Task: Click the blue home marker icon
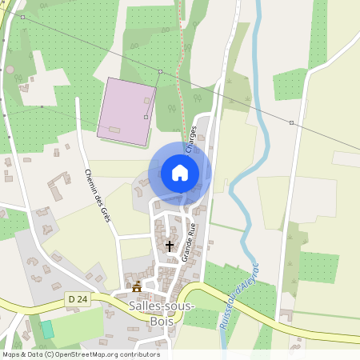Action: coord(180,173)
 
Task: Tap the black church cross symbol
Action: coord(169,246)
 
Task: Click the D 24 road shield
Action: coord(76,298)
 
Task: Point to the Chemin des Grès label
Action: coord(97,195)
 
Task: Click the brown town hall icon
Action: coord(137,286)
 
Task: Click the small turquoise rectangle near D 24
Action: coord(47,329)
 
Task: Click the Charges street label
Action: coord(191,138)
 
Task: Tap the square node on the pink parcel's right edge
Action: coord(146,117)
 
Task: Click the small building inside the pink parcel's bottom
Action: coord(115,130)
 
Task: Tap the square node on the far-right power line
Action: coord(291,122)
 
